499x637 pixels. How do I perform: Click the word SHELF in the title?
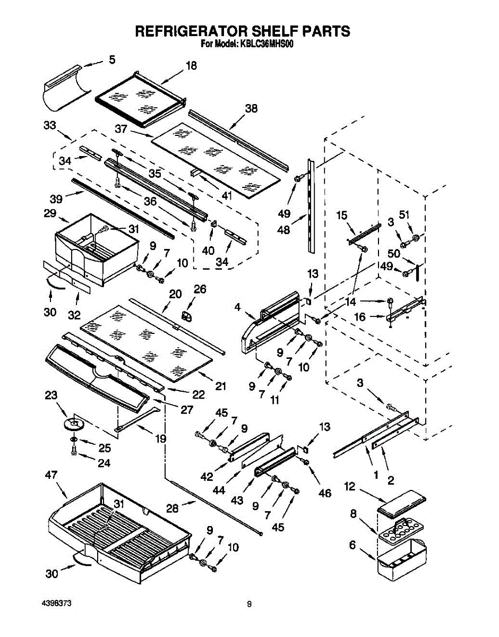(x=274, y=31)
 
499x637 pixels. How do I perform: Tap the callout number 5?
(x=112, y=60)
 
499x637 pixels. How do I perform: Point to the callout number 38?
(x=251, y=108)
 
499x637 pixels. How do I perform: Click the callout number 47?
(x=51, y=475)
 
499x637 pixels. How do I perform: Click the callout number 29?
(x=50, y=213)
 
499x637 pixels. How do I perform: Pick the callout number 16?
(x=360, y=317)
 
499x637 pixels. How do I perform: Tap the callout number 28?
(x=173, y=508)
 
